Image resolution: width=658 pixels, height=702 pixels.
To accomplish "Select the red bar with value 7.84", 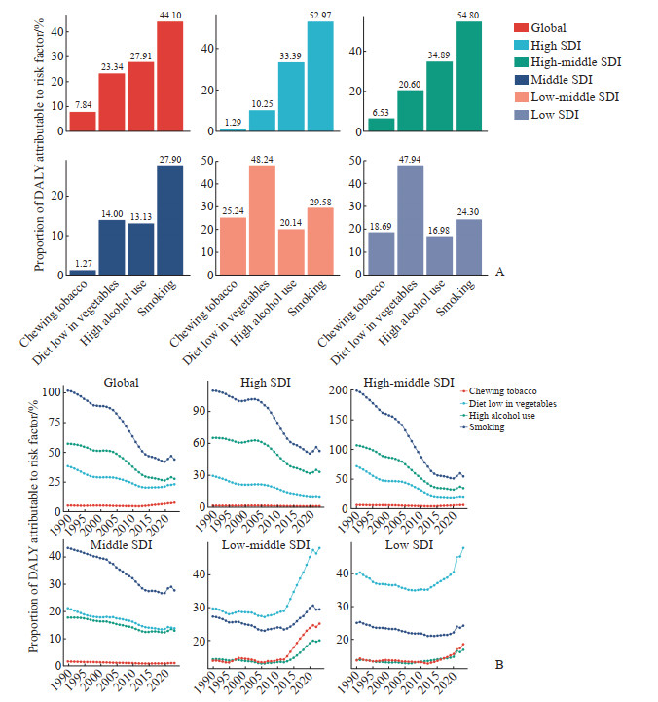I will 83,121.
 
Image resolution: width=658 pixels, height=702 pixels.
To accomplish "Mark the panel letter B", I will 499,666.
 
